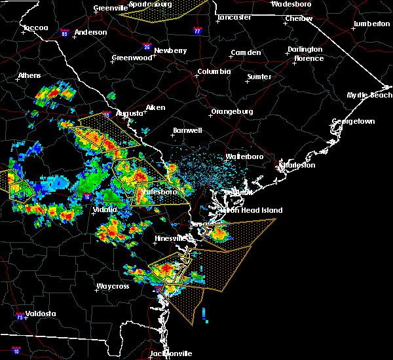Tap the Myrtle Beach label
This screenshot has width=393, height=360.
[370, 96]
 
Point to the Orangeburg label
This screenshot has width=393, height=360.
[232, 111]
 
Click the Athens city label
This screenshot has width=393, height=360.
[29, 75]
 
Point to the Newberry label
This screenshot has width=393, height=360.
[170, 50]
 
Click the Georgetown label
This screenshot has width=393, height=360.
[353, 122]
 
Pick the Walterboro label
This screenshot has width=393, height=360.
[244, 157]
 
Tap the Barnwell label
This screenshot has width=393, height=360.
[187, 131]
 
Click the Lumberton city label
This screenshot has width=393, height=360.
[371, 24]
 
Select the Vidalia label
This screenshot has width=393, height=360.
[105, 209]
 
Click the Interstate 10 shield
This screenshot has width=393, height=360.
[16, 351]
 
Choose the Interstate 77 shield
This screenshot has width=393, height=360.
[197, 30]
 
